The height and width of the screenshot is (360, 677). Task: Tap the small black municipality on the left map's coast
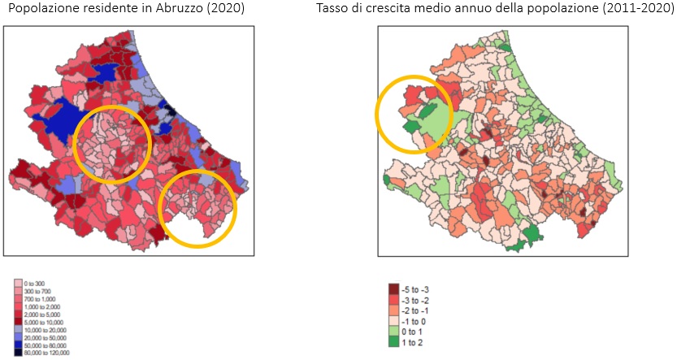[171, 111]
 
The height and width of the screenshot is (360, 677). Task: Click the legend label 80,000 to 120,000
[47, 353]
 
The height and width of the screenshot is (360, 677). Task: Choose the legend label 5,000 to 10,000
[44, 323]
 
